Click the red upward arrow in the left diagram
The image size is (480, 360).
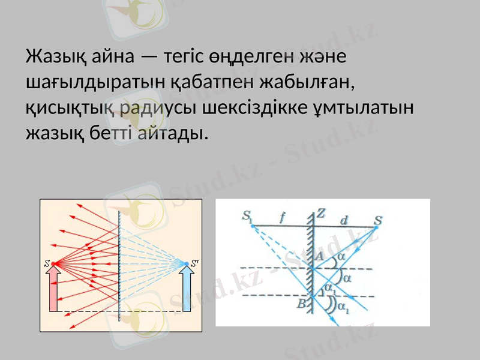[x=53, y=288]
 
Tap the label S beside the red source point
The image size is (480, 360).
[x=47, y=263]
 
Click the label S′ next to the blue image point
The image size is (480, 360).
[x=194, y=262]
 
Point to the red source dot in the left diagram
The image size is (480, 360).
[x=53, y=263]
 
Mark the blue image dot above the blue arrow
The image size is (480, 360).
[x=185, y=263]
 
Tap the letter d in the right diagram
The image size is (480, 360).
[x=343, y=220]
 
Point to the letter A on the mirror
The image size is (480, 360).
[x=319, y=256]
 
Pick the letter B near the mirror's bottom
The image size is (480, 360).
[x=301, y=303]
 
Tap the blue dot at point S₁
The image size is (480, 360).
[x=253, y=226]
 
